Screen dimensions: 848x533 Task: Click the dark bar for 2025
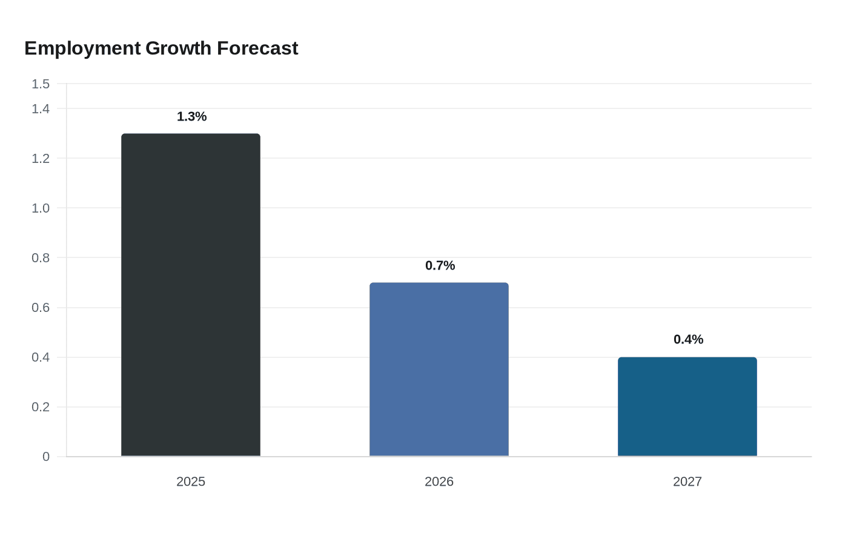click(191, 295)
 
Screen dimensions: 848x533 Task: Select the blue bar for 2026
click(439, 369)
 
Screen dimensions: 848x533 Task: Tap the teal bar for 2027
click(687, 406)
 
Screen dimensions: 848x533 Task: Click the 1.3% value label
click(191, 116)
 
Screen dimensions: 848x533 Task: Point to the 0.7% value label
click(440, 266)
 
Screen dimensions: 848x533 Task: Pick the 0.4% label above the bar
click(688, 340)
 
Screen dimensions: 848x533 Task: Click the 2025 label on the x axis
click(191, 482)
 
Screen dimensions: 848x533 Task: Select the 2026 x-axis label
click(439, 482)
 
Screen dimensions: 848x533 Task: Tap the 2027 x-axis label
click(687, 482)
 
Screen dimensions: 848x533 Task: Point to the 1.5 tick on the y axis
click(41, 84)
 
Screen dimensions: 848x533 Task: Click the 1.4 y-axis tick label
click(41, 109)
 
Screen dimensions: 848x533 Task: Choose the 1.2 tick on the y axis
click(41, 159)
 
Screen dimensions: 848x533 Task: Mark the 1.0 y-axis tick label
click(41, 208)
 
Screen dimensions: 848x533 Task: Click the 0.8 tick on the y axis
click(41, 258)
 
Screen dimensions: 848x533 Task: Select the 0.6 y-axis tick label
click(41, 308)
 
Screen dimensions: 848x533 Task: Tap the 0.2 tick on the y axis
click(41, 407)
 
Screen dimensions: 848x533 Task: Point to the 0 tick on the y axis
click(46, 457)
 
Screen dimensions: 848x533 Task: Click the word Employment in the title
click(82, 49)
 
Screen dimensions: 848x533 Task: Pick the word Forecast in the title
click(257, 48)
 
